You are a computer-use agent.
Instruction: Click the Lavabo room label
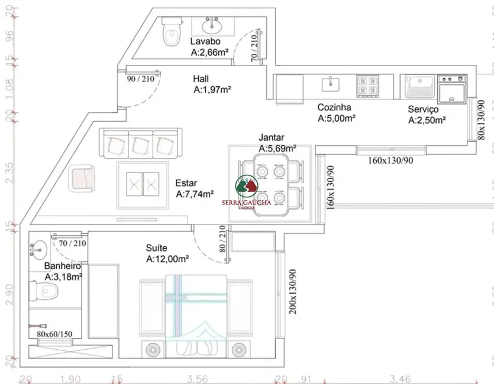[x=205, y=41]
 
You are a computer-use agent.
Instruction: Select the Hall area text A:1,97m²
[x=212, y=90]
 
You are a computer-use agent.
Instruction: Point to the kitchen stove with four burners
[x=367, y=86]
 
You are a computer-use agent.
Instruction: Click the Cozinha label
[x=334, y=108]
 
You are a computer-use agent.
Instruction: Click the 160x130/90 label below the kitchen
[x=390, y=160]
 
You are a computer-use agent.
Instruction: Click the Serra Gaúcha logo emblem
[x=246, y=186]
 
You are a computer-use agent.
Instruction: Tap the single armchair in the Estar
[x=82, y=178]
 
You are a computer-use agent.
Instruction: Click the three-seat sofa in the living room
[x=140, y=143]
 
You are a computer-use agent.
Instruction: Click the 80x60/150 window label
[x=54, y=334]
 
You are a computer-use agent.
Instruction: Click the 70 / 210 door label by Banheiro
[x=72, y=243]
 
